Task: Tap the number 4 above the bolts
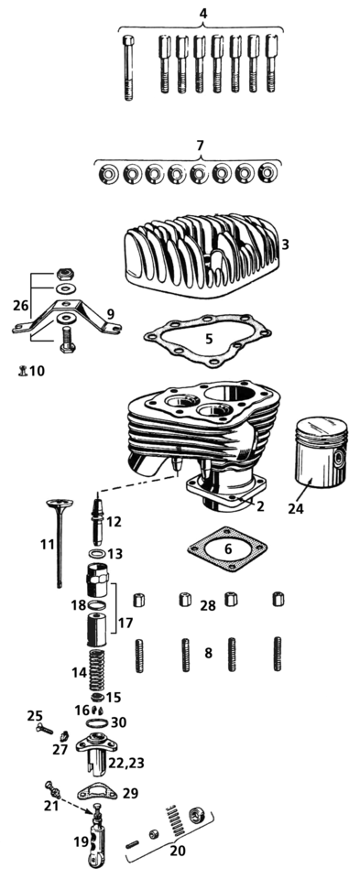202,13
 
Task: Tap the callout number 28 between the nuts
208,606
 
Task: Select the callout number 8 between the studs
208,654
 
